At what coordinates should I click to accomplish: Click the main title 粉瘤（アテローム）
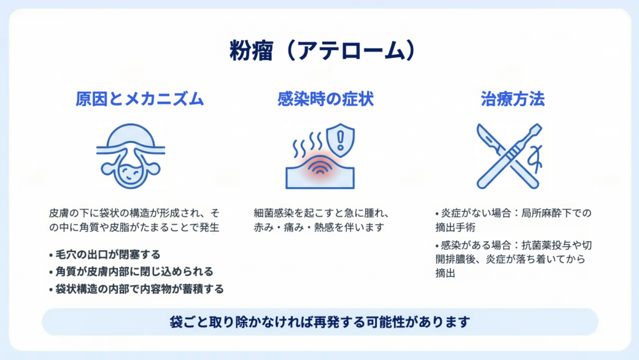pyautogui.click(x=322, y=51)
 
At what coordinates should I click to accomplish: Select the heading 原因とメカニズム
pyautogui.click(x=139, y=99)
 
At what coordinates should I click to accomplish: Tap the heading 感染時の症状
pyautogui.click(x=325, y=99)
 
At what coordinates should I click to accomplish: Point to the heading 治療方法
pyautogui.click(x=512, y=99)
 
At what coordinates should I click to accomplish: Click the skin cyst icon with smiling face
pyautogui.click(x=131, y=156)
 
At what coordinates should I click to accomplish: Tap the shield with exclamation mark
pyautogui.click(x=341, y=140)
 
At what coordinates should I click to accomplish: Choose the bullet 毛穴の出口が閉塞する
pyautogui.click(x=105, y=255)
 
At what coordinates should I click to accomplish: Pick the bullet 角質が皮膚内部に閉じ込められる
pyautogui.click(x=131, y=271)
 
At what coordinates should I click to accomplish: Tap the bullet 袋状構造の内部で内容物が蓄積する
pyautogui.click(x=136, y=289)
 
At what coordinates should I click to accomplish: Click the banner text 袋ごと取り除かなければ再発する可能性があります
pyautogui.click(x=320, y=322)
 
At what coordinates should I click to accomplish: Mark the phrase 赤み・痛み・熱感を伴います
pyautogui.click(x=319, y=227)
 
